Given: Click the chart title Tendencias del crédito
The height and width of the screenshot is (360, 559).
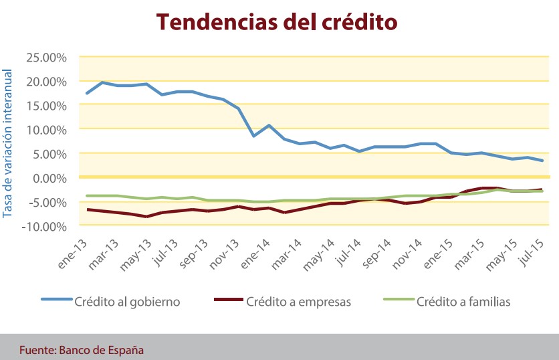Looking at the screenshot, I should click(277, 21).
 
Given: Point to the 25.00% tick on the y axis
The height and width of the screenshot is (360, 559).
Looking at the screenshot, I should click(45, 57).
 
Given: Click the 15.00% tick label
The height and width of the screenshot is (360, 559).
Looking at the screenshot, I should click(45, 105).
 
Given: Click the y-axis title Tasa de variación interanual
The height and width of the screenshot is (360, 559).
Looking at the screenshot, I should click(8, 141).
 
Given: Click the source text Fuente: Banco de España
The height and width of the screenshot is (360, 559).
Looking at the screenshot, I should click(81, 349).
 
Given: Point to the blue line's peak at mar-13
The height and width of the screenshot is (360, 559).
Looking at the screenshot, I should click(102, 82).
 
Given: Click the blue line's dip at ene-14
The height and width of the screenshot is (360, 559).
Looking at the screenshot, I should click(254, 136).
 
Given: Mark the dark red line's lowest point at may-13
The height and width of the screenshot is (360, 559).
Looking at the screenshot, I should click(146, 217).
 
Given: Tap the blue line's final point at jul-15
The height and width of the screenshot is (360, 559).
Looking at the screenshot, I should click(542, 161).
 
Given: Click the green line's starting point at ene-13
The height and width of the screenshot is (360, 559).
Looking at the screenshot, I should click(88, 195).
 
